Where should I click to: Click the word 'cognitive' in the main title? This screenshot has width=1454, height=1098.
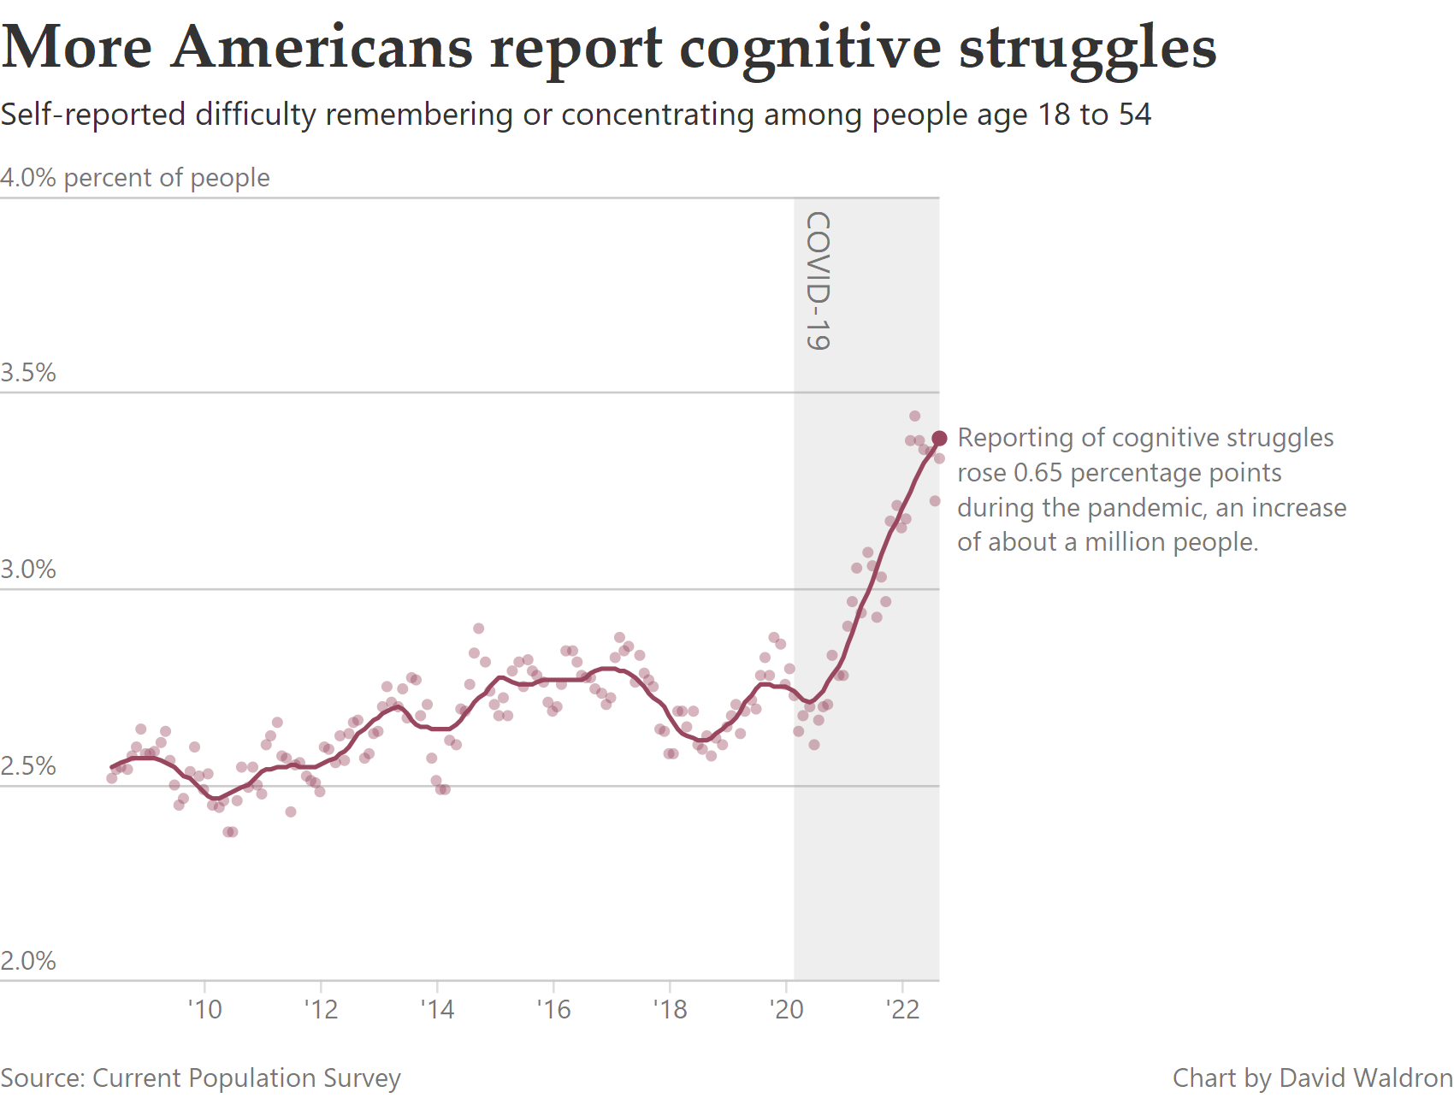810,48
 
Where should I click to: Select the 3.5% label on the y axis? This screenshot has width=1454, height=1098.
28,373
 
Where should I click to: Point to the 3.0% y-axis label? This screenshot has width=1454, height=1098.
28,570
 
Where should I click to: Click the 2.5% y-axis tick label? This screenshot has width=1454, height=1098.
28,766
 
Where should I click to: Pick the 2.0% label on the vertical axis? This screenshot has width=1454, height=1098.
28,961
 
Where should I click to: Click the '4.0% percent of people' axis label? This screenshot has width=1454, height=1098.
135,178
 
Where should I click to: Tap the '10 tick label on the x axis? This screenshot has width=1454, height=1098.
204,1010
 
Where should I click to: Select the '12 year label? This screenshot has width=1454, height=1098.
321,1010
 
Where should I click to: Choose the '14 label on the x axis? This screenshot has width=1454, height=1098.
437,1010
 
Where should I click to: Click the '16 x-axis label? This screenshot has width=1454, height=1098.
553,1010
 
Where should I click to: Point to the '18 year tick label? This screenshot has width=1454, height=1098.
670,1010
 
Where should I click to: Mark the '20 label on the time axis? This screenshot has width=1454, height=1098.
786,1010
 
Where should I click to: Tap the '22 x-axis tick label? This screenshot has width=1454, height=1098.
902,1010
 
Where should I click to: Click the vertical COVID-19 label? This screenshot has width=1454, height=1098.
819,281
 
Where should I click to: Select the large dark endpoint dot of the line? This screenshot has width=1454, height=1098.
939,439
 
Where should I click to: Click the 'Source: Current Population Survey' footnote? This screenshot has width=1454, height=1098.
200,1078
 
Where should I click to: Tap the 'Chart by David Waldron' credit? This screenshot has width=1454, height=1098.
1312,1078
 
